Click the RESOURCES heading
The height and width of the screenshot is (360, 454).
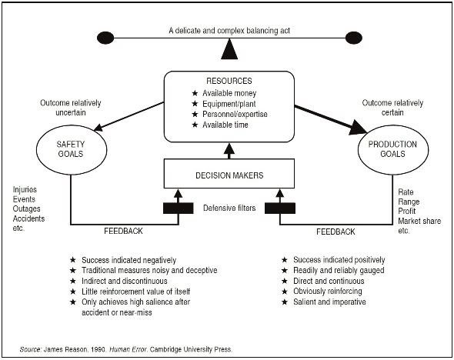[x=229, y=81]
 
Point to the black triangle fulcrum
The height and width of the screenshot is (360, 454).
[x=229, y=50]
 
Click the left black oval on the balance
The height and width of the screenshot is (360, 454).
[x=105, y=38]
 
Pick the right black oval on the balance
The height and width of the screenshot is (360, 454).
[x=354, y=38]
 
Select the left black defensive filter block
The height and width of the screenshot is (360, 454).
[x=178, y=208]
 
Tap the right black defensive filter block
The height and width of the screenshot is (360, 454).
[x=280, y=208]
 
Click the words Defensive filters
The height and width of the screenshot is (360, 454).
[x=229, y=208]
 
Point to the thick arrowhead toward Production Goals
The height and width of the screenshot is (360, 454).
[x=358, y=128]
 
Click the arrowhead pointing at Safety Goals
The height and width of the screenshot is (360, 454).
[x=98, y=128]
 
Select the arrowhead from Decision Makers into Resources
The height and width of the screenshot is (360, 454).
[x=229, y=148]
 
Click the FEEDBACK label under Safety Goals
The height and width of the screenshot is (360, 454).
[x=123, y=231]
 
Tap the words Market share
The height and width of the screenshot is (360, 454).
[x=419, y=221]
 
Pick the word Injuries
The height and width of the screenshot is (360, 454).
[x=25, y=189]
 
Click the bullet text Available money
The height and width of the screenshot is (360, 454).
[x=229, y=93]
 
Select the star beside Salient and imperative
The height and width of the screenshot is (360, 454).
[x=285, y=302]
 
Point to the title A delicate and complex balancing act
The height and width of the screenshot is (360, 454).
[x=229, y=31]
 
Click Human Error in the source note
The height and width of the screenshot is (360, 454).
[x=129, y=349]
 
